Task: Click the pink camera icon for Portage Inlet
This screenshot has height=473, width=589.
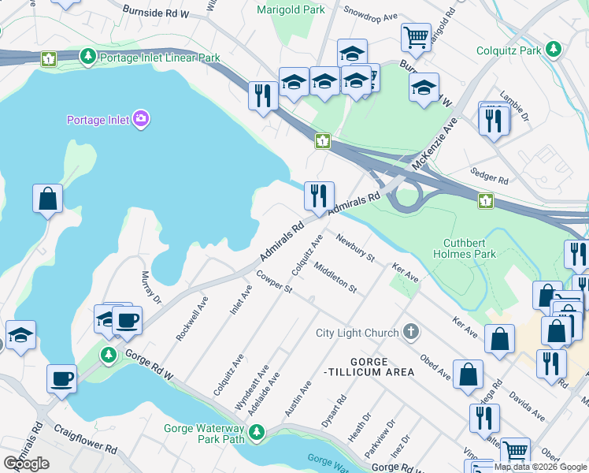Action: [142, 119]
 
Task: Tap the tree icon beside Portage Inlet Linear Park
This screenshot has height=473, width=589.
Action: [88, 57]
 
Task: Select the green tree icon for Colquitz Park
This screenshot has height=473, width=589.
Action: [554, 50]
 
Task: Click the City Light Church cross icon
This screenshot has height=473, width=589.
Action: [409, 332]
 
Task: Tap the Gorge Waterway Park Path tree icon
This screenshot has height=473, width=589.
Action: [256, 432]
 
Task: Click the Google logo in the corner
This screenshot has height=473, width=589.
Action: [26, 464]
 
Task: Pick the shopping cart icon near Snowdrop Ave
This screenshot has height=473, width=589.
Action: [415, 36]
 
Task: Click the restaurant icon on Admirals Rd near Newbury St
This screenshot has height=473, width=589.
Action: [319, 196]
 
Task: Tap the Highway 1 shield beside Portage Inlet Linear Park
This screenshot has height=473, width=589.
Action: [50, 58]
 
